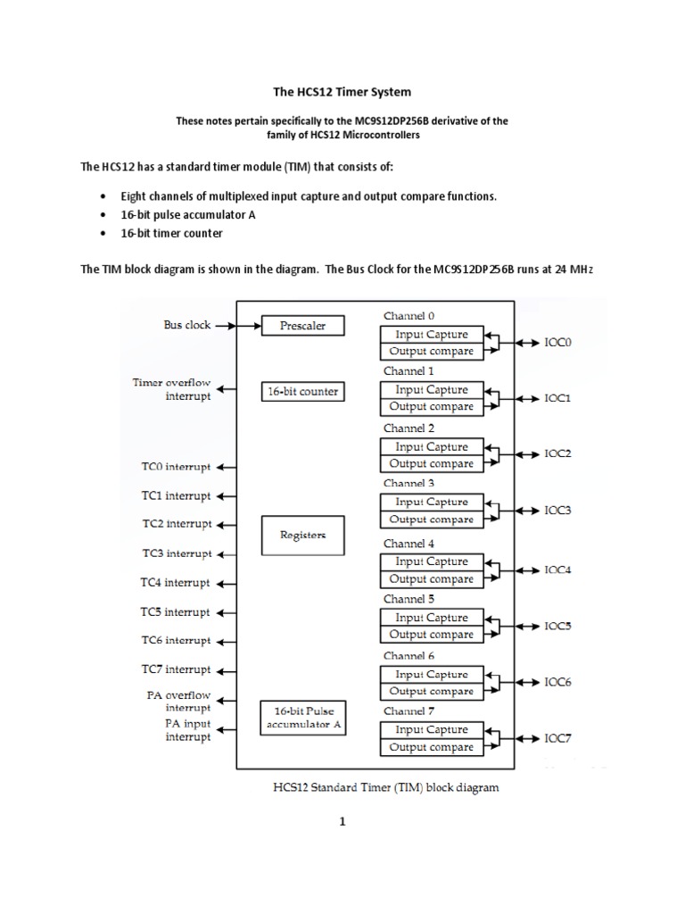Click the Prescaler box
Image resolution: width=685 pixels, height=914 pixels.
(x=302, y=326)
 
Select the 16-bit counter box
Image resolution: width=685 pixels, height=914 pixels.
(x=302, y=391)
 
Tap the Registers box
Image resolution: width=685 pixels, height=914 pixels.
(x=302, y=536)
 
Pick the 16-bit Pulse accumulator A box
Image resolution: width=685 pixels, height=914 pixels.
(x=302, y=717)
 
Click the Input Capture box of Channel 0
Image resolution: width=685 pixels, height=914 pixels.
(x=432, y=335)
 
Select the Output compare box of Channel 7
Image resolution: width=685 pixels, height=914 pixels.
(x=432, y=747)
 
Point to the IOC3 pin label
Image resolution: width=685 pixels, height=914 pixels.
(x=558, y=511)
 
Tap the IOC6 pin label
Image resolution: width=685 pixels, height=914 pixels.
(x=558, y=683)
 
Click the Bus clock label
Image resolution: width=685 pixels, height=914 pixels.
(x=187, y=325)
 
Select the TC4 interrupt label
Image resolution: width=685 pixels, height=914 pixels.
(x=176, y=583)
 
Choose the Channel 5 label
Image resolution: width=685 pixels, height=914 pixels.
(x=409, y=600)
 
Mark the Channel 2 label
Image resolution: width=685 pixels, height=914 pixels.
(x=409, y=428)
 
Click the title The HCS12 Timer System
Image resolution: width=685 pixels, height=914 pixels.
(x=342, y=91)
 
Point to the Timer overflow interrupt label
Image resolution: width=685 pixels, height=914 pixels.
(x=172, y=389)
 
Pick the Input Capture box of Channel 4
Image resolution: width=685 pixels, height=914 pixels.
(x=432, y=561)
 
